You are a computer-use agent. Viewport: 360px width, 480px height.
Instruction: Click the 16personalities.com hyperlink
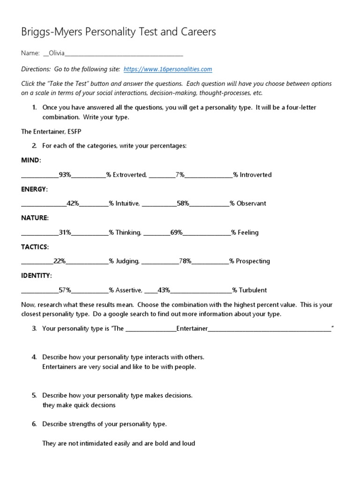(x=167, y=69)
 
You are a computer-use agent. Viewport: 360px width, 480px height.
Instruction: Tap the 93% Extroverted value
(x=65, y=175)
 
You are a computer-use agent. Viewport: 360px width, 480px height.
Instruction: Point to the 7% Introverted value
(x=180, y=175)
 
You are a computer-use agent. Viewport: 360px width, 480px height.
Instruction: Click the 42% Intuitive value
(x=73, y=203)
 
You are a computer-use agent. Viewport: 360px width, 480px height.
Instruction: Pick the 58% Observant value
(x=183, y=203)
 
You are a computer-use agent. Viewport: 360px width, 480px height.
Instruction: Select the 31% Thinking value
(x=65, y=232)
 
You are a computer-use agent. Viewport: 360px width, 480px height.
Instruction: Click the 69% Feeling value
(x=177, y=232)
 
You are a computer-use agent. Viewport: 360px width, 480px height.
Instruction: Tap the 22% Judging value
(x=60, y=261)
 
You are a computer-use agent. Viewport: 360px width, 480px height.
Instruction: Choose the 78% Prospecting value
(x=185, y=261)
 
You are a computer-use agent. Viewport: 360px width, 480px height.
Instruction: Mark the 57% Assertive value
(x=65, y=290)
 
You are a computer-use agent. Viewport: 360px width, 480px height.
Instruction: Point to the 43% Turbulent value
(x=164, y=290)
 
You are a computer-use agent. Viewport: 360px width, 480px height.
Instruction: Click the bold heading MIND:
(x=31, y=160)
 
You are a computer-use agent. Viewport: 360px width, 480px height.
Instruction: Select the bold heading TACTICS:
(x=35, y=247)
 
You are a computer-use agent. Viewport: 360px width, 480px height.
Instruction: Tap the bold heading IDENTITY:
(x=37, y=276)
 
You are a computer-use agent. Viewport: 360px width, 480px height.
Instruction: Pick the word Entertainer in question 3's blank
(x=192, y=329)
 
